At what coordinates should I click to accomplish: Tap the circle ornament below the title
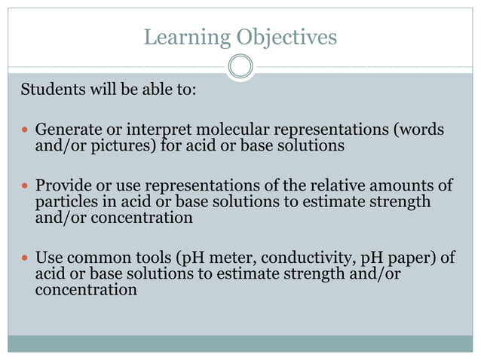[x=240, y=67]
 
